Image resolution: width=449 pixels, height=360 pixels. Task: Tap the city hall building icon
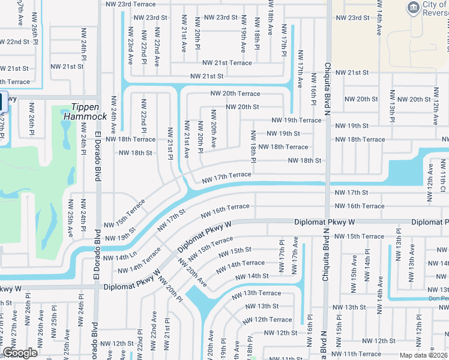click(413, 8)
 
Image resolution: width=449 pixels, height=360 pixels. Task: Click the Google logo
click(20, 353)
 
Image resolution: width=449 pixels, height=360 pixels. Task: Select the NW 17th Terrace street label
click(226, 176)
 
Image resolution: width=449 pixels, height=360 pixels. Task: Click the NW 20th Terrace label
click(235, 94)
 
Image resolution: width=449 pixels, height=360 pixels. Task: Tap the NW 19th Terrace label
click(296, 120)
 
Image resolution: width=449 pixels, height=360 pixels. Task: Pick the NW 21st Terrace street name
click(227, 63)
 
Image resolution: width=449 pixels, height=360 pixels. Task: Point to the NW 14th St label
click(252, 277)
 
